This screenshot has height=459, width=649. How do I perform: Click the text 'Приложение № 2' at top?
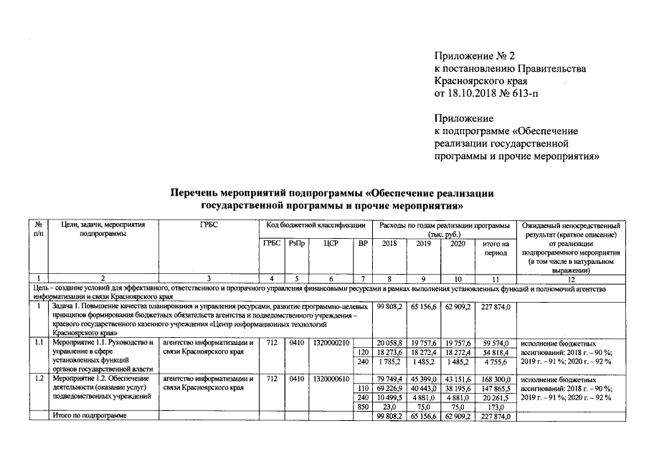[x=475, y=55]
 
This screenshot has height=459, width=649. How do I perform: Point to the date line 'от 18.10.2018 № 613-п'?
[x=485, y=93]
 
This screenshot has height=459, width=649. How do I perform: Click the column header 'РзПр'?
[x=295, y=244]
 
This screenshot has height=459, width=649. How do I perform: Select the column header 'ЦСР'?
[x=331, y=244]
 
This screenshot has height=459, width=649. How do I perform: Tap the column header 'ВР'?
[x=363, y=244]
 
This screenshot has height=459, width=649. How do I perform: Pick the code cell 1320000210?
[x=331, y=343]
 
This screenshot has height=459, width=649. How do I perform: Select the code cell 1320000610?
[x=331, y=378]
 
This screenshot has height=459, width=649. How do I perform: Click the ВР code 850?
[x=364, y=405]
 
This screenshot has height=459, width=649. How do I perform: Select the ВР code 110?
[x=364, y=387]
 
